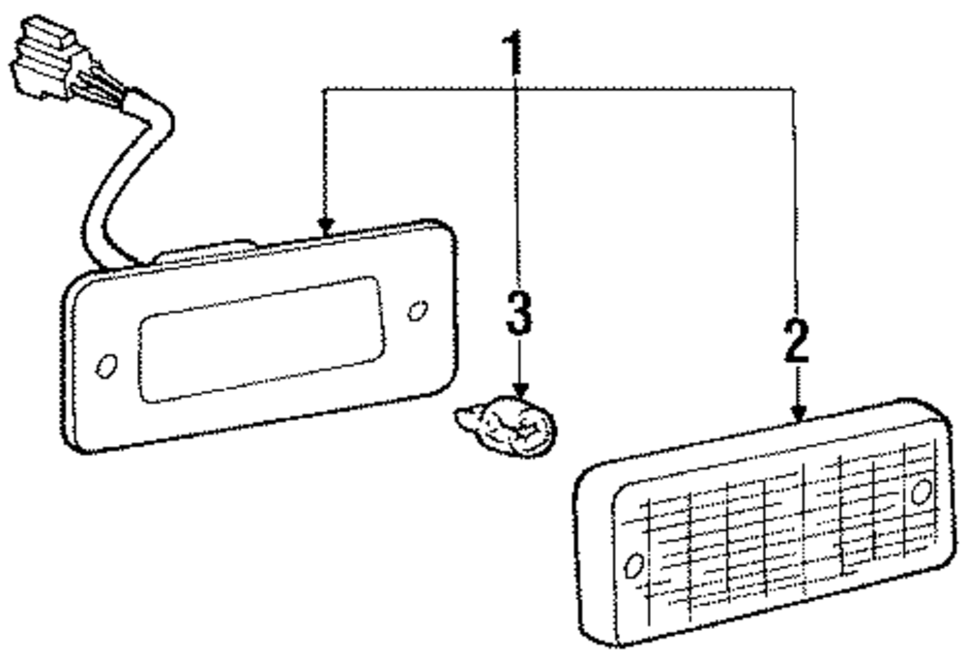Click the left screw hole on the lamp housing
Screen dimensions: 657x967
pyautogui.click(x=106, y=367)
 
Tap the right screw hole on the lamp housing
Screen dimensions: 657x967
pyautogui.click(x=418, y=311)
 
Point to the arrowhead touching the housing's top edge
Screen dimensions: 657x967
pyautogui.click(x=327, y=226)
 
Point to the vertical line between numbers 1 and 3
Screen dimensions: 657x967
pyautogui.click(x=516, y=194)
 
